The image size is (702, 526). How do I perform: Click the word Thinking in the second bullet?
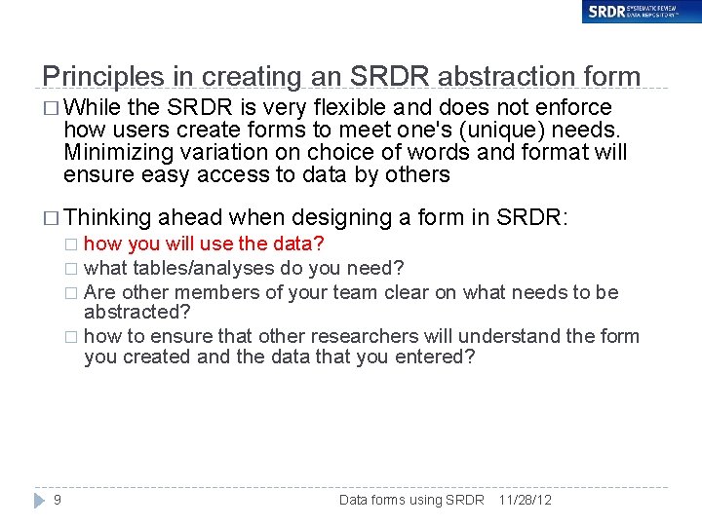click(x=108, y=217)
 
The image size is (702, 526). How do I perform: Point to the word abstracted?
click(x=137, y=312)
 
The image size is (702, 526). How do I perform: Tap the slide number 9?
click(x=58, y=500)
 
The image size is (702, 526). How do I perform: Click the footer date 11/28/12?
click(x=525, y=500)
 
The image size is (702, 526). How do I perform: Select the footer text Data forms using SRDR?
click(x=411, y=500)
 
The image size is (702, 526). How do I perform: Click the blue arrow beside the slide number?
click(x=39, y=500)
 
